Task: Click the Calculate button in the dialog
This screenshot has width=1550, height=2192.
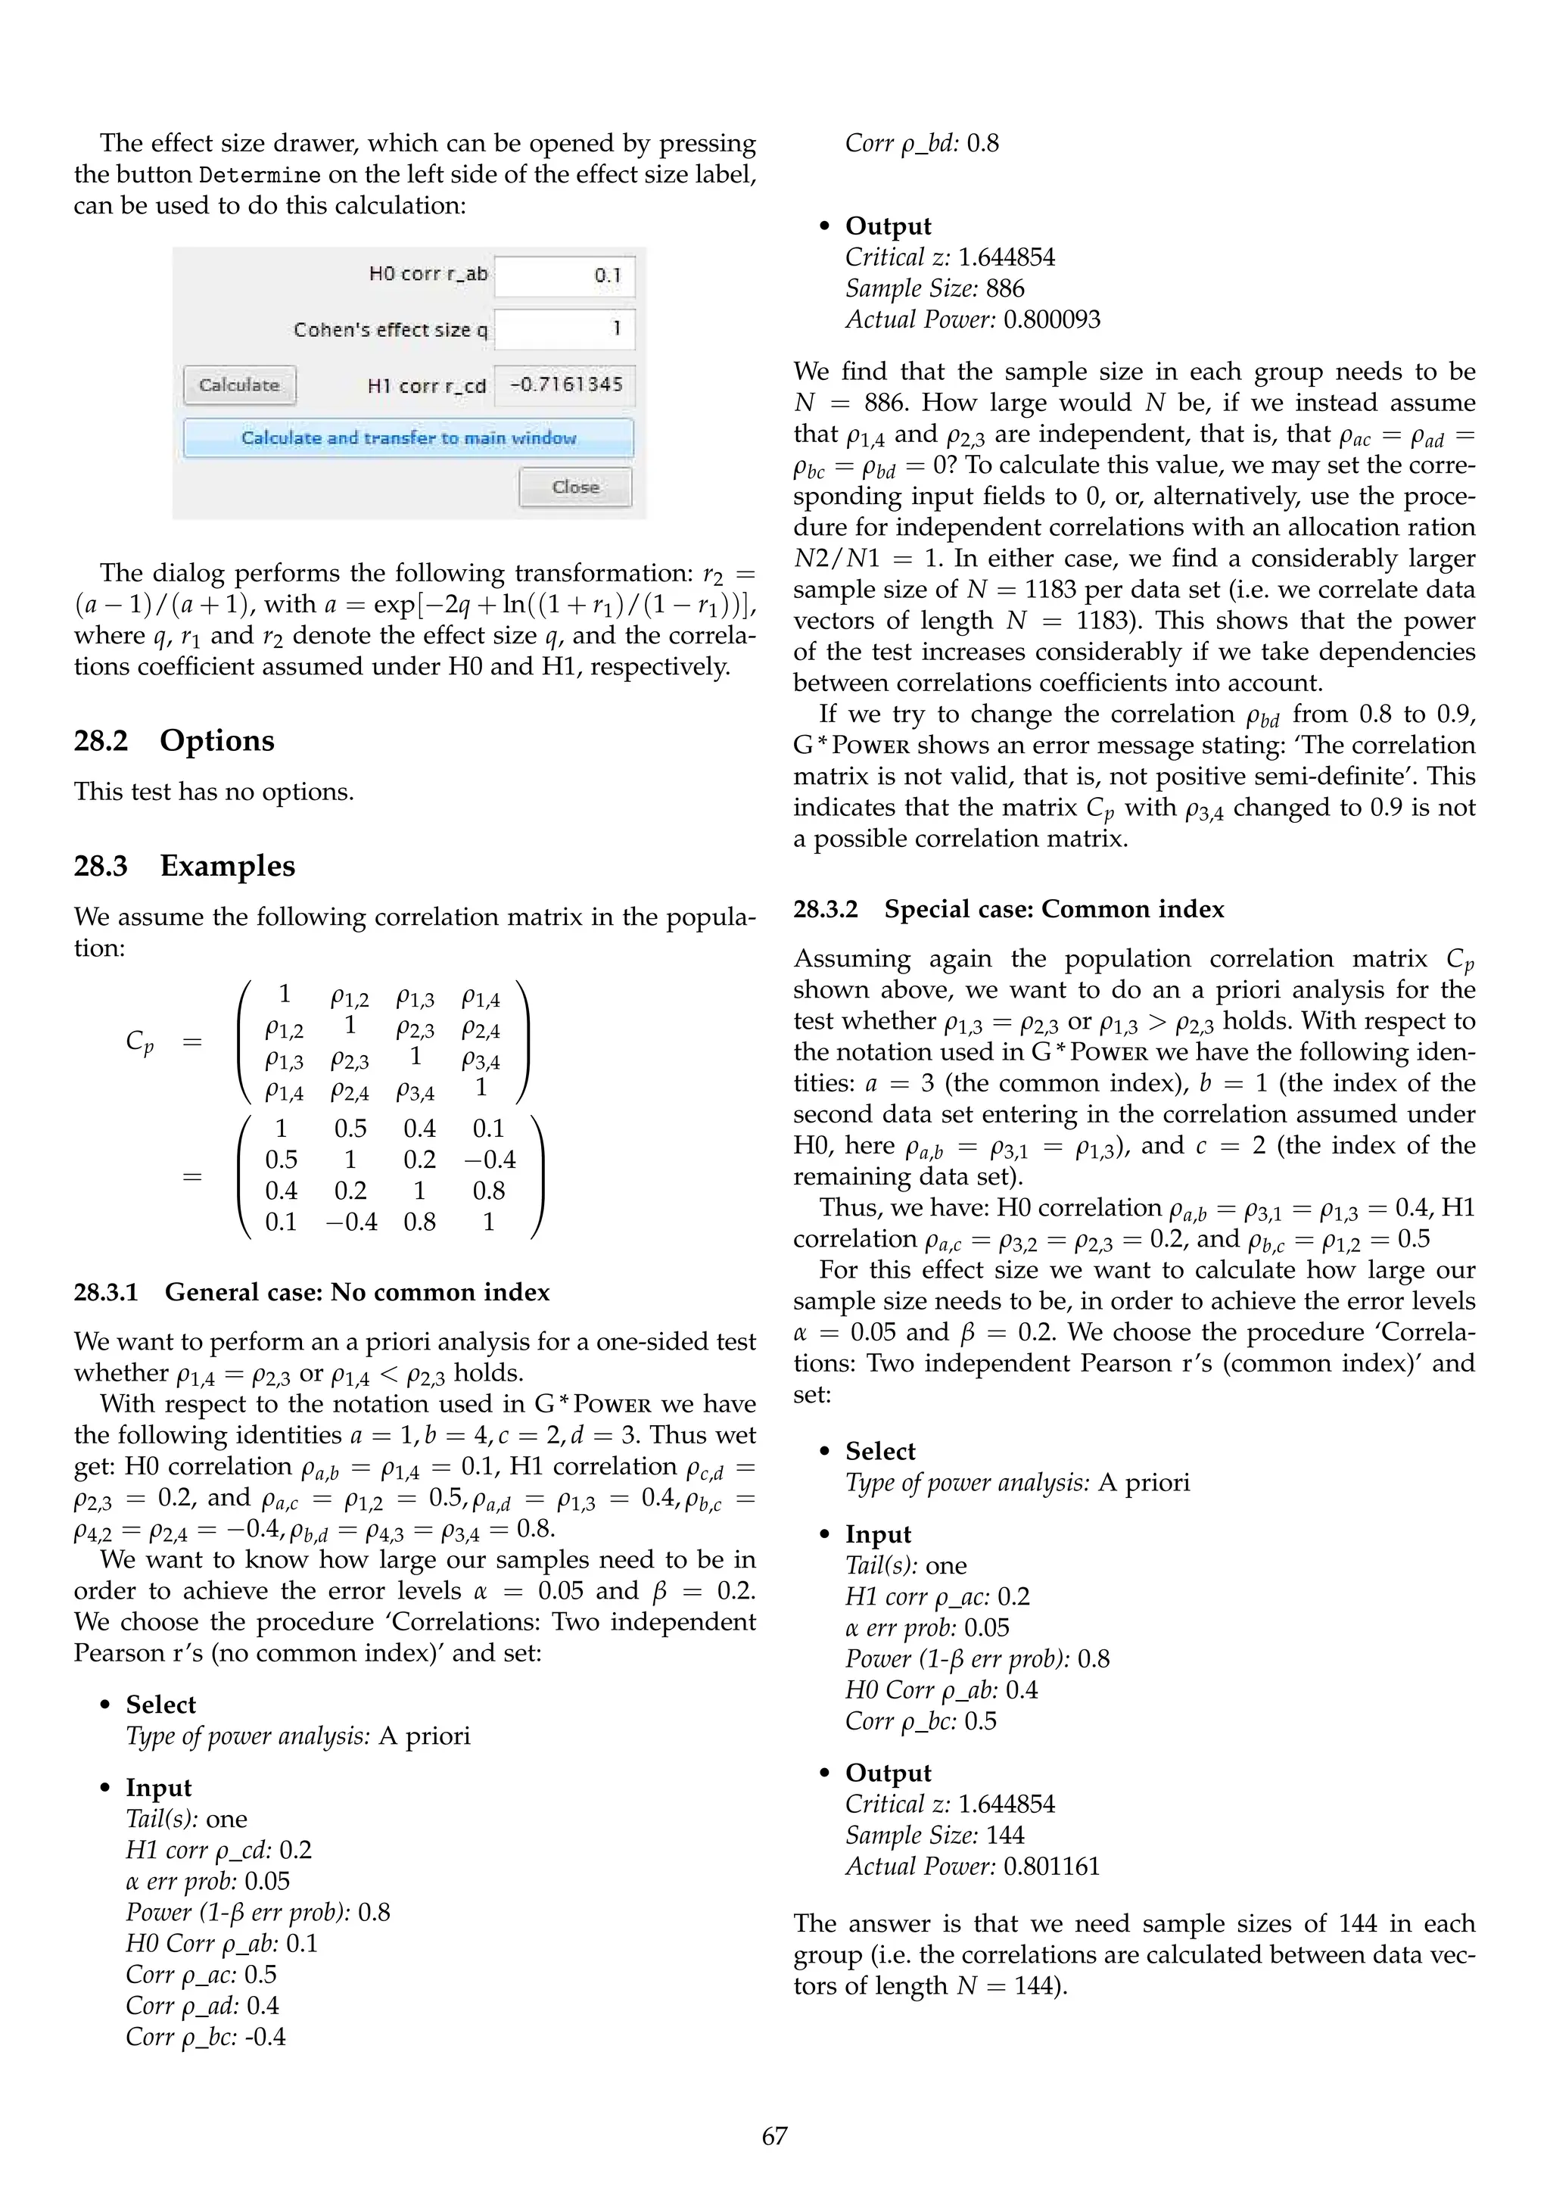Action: click(x=240, y=385)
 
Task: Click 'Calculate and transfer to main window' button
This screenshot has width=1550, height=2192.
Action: click(x=409, y=438)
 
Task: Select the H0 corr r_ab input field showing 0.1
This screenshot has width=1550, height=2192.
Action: click(x=564, y=276)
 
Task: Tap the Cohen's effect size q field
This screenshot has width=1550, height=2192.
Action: click(x=564, y=329)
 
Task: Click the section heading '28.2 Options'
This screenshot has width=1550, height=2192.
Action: click(x=174, y=741)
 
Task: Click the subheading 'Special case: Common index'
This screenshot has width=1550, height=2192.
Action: click(x=1054, y=909)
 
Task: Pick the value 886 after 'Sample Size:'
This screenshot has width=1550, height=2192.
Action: click(x=1005, y=288)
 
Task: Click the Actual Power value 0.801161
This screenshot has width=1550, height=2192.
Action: click(x=1052, y=1867)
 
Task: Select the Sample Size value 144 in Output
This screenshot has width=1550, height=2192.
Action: click(x=1005, y=1835)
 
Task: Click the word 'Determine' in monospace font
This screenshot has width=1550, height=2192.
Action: click(x=260, y=176)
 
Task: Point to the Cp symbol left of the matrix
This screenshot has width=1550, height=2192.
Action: click(x=139, y=1041)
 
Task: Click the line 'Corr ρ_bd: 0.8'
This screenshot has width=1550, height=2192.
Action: click(x=922, y=144)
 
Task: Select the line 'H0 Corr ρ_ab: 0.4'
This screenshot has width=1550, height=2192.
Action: click(x=941, y=1690)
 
